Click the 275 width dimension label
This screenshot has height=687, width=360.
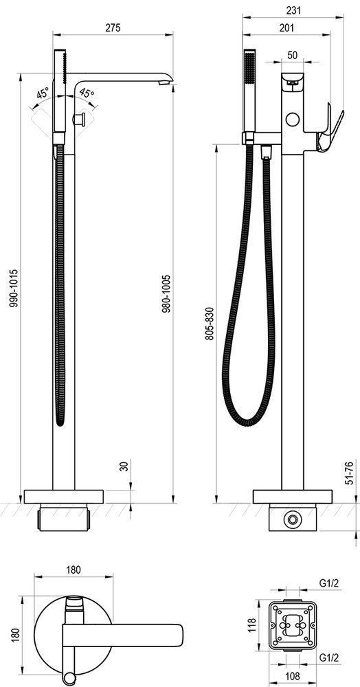coord(113,27)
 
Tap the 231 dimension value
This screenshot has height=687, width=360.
coord(293,10)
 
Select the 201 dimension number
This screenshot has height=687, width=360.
coord(286,28)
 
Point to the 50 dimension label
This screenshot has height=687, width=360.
coord(293,55)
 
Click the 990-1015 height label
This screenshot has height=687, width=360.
coord(14,288)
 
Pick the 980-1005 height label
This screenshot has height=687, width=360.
coord(166,294)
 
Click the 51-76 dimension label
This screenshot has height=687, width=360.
coord(350,472)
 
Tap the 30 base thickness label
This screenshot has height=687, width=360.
coord(124,466)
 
